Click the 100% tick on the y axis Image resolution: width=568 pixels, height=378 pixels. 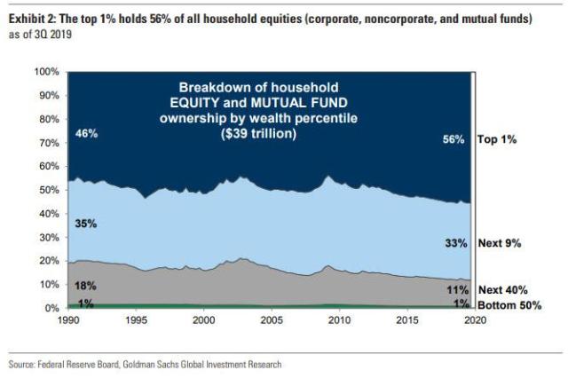click(x=45, y=71)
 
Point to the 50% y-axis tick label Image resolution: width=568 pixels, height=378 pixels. click(x=48, y=190)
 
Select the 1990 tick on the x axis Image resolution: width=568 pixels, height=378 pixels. click(x=67, y=320)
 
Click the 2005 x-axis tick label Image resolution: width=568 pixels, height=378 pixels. click(x=272, y=320)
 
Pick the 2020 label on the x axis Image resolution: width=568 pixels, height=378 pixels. click(x=476, y=320)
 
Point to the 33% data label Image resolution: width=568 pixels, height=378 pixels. click(x=454, y=242)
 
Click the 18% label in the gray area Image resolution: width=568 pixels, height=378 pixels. click(x=85, y=287)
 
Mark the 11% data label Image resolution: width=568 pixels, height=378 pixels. click(x=454, y=290)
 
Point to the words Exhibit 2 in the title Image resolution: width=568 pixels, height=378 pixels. click(x=30, y=19)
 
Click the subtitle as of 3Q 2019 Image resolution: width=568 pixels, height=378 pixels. click(x=39, y=34)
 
